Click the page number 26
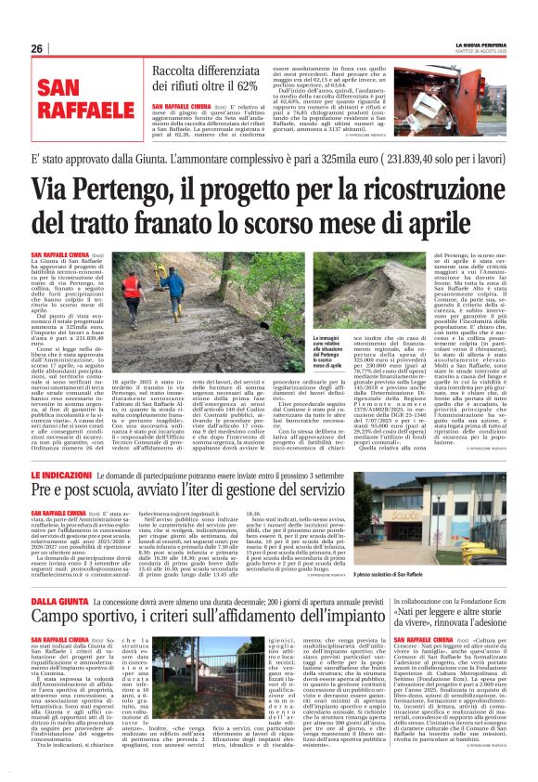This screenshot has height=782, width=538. point(37,48)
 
